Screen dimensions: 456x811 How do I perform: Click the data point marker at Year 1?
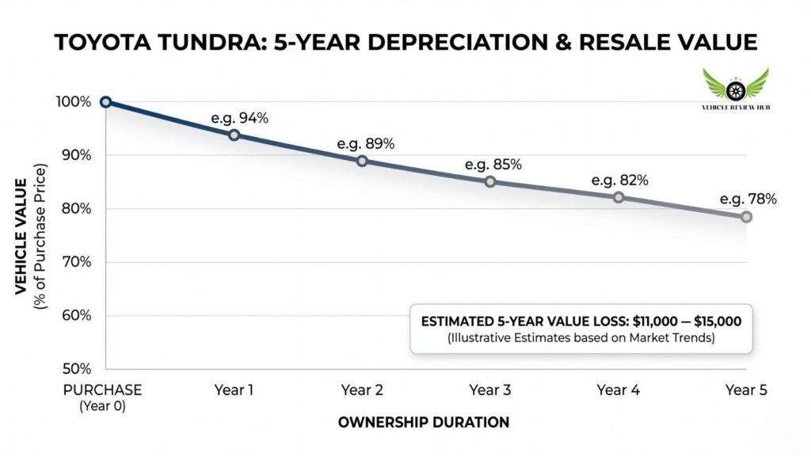click(234, 135)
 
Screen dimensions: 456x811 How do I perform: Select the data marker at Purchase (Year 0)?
click(105, 102)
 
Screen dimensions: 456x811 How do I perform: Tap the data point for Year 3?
click(490, 181)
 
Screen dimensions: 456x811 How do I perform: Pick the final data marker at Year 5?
click(746, 217)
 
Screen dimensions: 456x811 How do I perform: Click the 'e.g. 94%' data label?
click(240, 118)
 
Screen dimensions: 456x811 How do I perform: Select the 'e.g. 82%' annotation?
click(620, 180)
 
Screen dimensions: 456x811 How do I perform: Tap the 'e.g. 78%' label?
click(748, 199)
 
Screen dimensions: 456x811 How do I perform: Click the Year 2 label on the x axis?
click(362, 390)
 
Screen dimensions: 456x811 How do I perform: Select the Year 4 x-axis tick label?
click(618, 390)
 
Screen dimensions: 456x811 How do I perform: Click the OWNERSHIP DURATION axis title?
click(424, 423)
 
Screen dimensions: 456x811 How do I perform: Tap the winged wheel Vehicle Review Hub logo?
click(736, 87)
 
